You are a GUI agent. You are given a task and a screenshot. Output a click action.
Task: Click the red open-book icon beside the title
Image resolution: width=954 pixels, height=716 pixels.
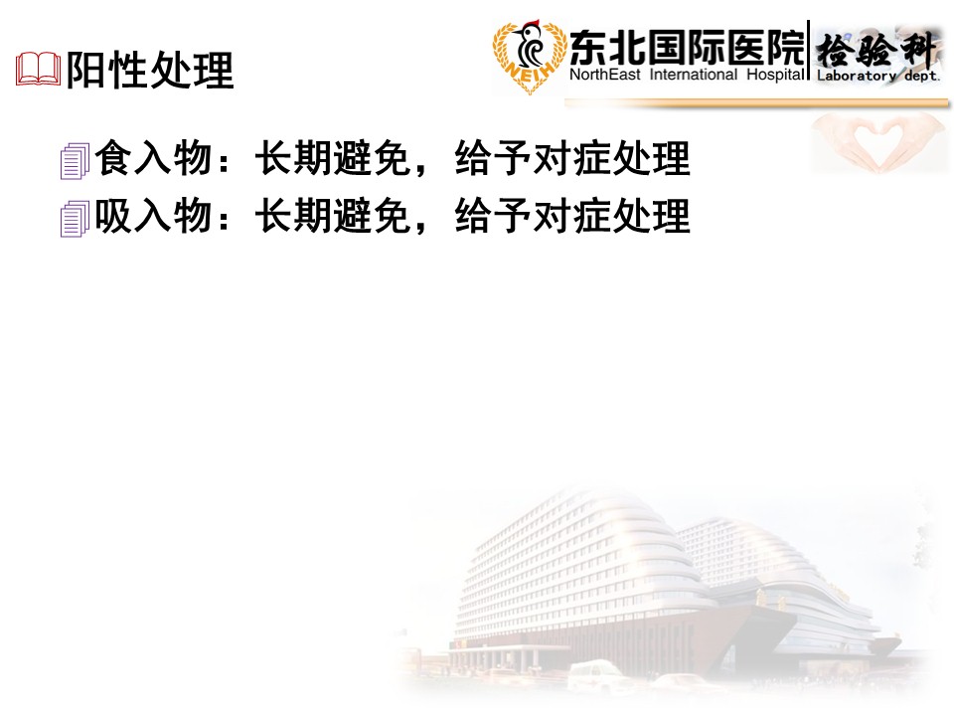[x=39, y=69]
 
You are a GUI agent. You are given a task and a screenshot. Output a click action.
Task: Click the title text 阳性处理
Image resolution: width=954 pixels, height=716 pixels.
[x=150, y=70]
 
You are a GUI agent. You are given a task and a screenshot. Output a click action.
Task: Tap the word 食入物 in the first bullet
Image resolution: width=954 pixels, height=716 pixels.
[x=153, y=158]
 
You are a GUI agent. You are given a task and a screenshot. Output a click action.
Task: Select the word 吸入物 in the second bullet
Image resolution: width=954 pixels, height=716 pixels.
[x=153, y=215]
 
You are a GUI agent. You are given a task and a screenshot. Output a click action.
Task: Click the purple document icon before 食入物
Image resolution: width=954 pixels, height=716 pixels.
[x=75, y=161]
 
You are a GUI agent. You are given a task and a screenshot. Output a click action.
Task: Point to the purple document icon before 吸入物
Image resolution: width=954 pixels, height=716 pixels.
[x=75, y=219]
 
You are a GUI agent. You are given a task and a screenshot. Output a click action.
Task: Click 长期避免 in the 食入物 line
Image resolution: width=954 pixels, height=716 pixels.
[x=332, y=158]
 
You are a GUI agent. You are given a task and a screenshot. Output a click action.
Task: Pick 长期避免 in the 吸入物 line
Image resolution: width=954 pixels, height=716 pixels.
[x=332, y=215]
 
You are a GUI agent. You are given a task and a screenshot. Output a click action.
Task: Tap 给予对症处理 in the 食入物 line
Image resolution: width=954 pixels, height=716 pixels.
[x=572, y=158]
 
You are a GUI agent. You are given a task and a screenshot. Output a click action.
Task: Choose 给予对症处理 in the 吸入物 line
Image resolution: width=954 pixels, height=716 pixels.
[x=572, y=215]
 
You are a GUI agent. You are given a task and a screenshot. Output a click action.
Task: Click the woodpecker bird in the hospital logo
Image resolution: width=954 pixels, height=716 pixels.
[x=528, y=44]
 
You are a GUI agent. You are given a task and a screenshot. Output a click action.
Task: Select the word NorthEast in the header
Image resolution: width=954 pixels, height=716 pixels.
[x=605, y=75]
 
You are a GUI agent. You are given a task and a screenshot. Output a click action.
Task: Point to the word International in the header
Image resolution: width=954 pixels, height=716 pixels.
[x=694, y=75]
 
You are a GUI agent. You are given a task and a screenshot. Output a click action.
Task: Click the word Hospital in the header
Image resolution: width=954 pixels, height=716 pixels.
[x=776, y=76]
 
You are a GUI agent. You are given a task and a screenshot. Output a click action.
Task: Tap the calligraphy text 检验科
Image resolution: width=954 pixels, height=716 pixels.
[x=875, y=50]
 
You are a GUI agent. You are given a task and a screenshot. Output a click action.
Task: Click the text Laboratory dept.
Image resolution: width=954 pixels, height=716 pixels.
[x=877, y=77]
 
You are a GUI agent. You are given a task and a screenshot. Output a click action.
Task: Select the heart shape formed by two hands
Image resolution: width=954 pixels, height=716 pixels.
[x=876, y=142]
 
